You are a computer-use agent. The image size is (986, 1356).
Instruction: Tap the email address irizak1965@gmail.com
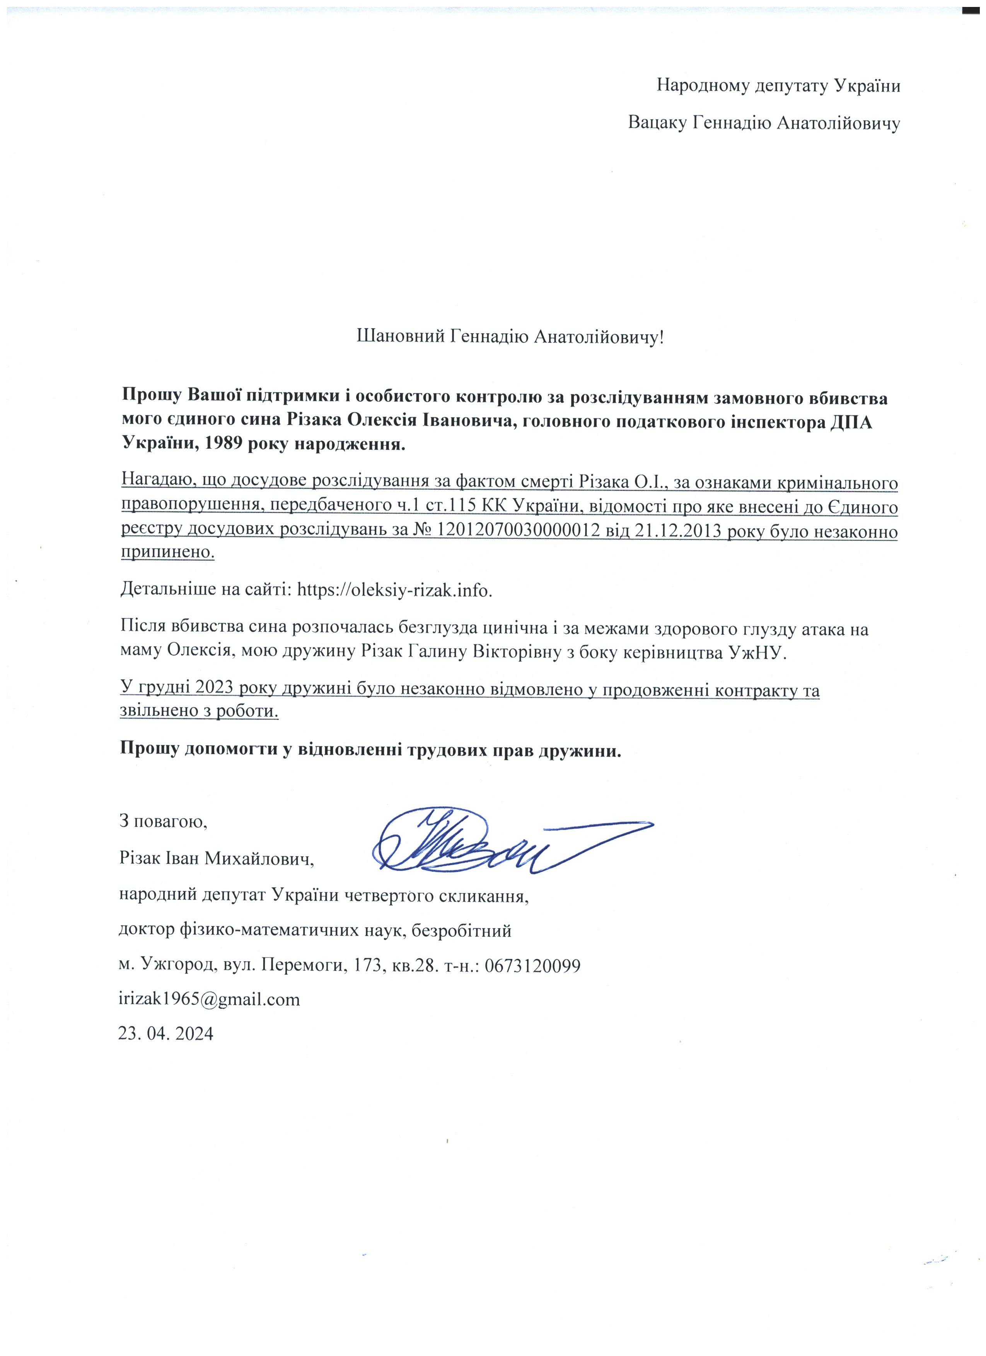click(x=209, y=999)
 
